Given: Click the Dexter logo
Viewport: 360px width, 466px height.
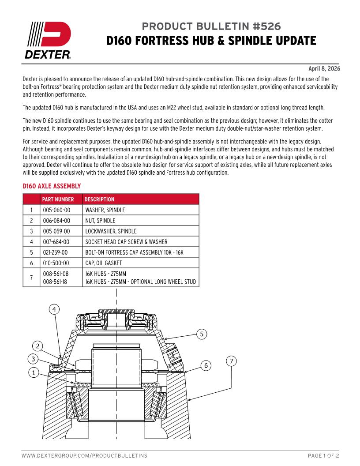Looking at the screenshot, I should click(x=46, y=40).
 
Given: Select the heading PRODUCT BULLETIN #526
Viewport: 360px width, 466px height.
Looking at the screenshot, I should click(x=211, y=26).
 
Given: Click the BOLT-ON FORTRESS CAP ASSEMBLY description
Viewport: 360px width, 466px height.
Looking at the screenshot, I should click(x=135, y=252).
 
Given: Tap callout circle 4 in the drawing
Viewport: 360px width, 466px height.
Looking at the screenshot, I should click(x=54, y=309).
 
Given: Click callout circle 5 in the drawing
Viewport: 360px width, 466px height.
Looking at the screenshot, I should click(x=202, y=334).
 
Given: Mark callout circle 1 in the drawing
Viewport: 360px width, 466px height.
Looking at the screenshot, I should click(x=33, y=372).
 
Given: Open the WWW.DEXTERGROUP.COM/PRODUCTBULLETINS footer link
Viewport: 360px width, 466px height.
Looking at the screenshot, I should click(x=84, y=455).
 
